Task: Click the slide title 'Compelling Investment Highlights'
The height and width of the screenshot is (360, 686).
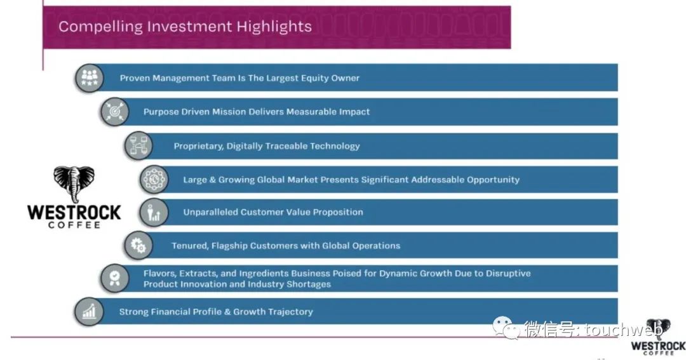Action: (185, 27)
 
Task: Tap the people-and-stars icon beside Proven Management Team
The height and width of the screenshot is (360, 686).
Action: (90, 78)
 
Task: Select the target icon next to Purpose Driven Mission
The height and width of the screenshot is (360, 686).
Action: (114, 112)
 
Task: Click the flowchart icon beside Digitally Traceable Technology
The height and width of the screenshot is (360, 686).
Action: (138, 145)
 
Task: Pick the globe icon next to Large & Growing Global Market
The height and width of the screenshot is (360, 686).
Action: (154, 179)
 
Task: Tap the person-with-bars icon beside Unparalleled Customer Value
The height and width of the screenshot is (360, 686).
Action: (154, 212)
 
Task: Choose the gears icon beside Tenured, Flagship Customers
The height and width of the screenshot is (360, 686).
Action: (138, 245)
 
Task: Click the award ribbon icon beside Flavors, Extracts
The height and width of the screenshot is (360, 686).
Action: (114, 279)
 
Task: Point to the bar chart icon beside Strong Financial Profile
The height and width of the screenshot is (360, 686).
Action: (89, 312)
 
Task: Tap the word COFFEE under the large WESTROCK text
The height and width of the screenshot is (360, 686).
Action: (74, 225)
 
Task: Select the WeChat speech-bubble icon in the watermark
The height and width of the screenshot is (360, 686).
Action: (507, 328)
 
